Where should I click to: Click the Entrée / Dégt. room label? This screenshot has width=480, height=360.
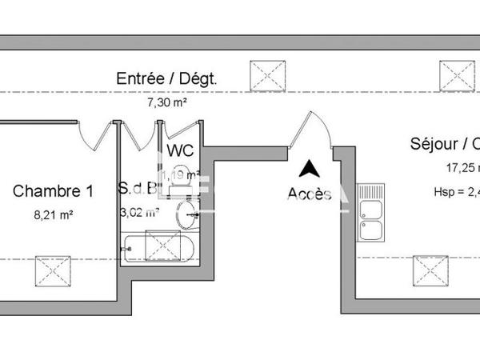166,79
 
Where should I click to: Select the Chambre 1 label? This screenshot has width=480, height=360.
54,191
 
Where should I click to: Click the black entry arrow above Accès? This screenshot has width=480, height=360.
309,169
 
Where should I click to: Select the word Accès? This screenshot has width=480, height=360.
309,194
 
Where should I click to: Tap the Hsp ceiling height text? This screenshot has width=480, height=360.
456,192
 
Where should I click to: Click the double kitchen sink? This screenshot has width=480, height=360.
371,215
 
